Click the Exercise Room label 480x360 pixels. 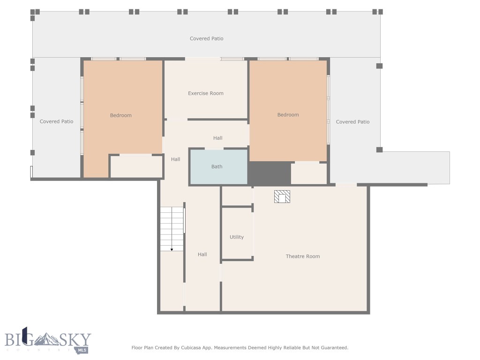coord(206,93)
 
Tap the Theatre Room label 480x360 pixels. coord(303,256)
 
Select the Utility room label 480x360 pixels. coord(237,237)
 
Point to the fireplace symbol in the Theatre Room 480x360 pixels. coord(282,197)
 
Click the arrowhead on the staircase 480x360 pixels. coord(172,249)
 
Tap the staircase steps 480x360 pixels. coord(172,227)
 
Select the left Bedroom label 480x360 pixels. coord(121,115)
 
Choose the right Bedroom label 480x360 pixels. coord(288,115)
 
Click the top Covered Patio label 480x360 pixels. coord(206,38)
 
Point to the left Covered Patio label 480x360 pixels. coord(56,121)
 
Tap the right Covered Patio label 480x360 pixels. coord(352,122)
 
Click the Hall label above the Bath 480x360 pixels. coord(218,138)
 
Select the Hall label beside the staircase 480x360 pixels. coord(202,255)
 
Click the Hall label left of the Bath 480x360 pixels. coord(176,159)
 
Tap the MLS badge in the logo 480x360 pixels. coord(82,350)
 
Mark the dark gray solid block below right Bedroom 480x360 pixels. coord(270,173)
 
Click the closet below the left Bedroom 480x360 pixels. coord(136,167)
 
